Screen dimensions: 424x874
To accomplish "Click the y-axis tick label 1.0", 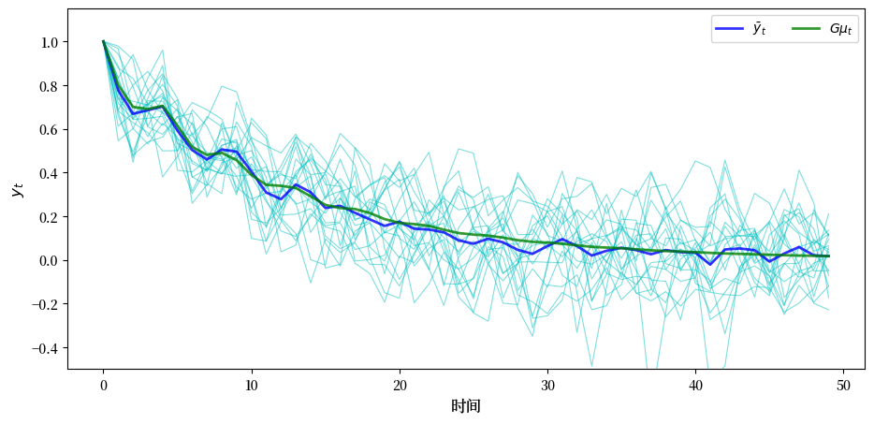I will pos(49,42).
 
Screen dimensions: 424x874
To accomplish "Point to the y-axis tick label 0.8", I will pos(49,86).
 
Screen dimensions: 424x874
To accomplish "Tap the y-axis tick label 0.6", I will pos(49,130).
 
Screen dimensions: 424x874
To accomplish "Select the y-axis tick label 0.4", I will pos(49,173).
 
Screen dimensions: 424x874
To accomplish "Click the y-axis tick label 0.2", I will pos(49,217).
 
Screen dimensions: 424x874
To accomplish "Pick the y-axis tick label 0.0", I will pos(49,261).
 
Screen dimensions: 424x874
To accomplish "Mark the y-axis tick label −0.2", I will pos(44,304).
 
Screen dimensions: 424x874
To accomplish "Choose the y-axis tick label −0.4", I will pos(44,348).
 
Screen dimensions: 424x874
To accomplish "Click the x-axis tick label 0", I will pos(103,384).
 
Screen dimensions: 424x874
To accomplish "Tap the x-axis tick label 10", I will pos(252,384).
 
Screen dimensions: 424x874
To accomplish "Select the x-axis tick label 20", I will pos(400,384).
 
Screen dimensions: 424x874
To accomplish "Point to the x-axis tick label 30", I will pos(547,384).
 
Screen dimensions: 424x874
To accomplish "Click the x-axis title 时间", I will pos(465,406).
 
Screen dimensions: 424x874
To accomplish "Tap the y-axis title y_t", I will pos(18,189).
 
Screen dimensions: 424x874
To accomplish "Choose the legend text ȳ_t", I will pos(759,30).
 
